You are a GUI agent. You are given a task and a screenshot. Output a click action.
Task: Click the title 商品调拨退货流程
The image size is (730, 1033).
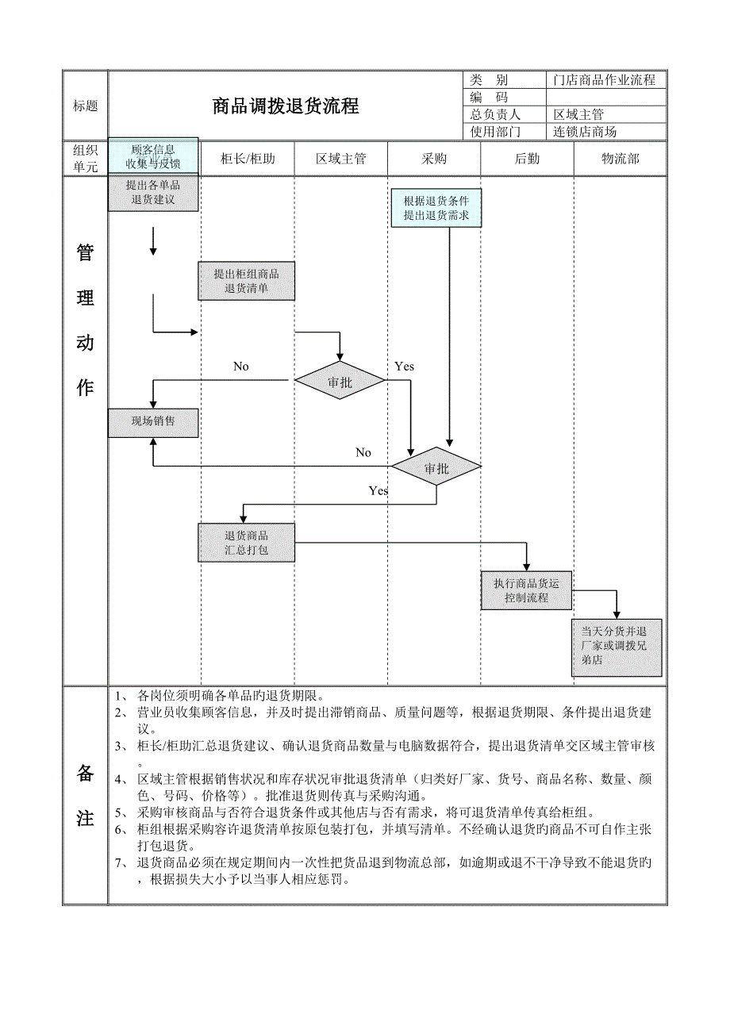[285, 106]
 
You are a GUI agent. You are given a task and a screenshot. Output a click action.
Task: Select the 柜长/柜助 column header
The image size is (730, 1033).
[248, 159]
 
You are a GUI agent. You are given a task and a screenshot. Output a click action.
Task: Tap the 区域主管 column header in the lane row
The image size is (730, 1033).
[341, 159]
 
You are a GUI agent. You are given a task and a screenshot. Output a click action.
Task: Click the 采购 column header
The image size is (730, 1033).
[435, 159]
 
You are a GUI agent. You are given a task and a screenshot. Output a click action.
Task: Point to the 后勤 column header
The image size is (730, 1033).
[527, 159]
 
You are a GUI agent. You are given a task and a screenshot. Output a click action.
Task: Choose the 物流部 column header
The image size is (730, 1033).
[620, 159]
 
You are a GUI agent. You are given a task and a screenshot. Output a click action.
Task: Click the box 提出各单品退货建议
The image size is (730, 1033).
[153, 193]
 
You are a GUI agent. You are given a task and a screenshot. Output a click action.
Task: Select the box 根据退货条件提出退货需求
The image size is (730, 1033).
[436, 208]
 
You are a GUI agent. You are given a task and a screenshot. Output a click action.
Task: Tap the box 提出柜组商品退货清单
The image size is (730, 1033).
[246, 281]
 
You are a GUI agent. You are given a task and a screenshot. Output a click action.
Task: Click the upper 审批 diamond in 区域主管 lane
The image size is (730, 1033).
[340, 382]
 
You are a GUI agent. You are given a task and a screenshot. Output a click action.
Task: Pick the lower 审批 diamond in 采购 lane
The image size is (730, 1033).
[436, 467]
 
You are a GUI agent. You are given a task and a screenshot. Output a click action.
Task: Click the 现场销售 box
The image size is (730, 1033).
[153, 421]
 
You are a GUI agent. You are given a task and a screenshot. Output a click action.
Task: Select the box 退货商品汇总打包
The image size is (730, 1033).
[246, 543]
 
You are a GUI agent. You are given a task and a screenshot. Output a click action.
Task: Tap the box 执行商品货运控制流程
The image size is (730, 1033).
[526, 590]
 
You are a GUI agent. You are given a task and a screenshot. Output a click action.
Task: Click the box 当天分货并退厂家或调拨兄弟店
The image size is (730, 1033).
[617, 647]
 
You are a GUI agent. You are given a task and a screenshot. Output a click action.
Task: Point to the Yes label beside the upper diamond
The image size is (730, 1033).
[404, 367]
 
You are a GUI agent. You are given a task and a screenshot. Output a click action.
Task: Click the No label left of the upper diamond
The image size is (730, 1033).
[241, 367]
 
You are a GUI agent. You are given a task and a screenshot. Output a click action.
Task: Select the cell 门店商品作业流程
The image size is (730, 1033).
[605, 80]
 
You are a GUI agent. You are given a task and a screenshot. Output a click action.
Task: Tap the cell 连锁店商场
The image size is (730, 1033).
[586, 132]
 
